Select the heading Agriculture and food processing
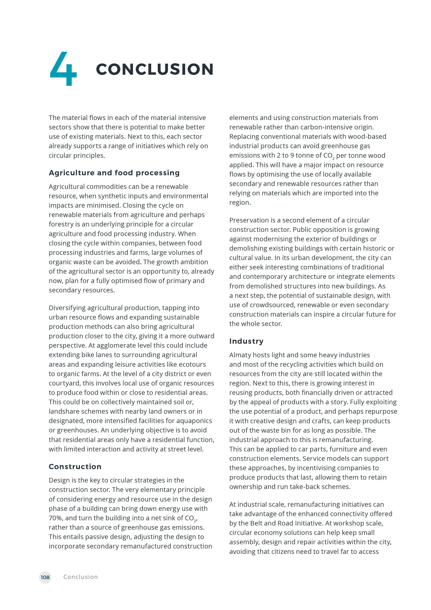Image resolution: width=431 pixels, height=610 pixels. click(114, 173)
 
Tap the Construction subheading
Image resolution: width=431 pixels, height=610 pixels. click(75, 467)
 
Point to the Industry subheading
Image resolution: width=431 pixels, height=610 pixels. click(246, 341)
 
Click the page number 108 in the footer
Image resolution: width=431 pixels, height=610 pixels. click(45, 577)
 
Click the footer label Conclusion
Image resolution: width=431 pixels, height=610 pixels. click(80, 577)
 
